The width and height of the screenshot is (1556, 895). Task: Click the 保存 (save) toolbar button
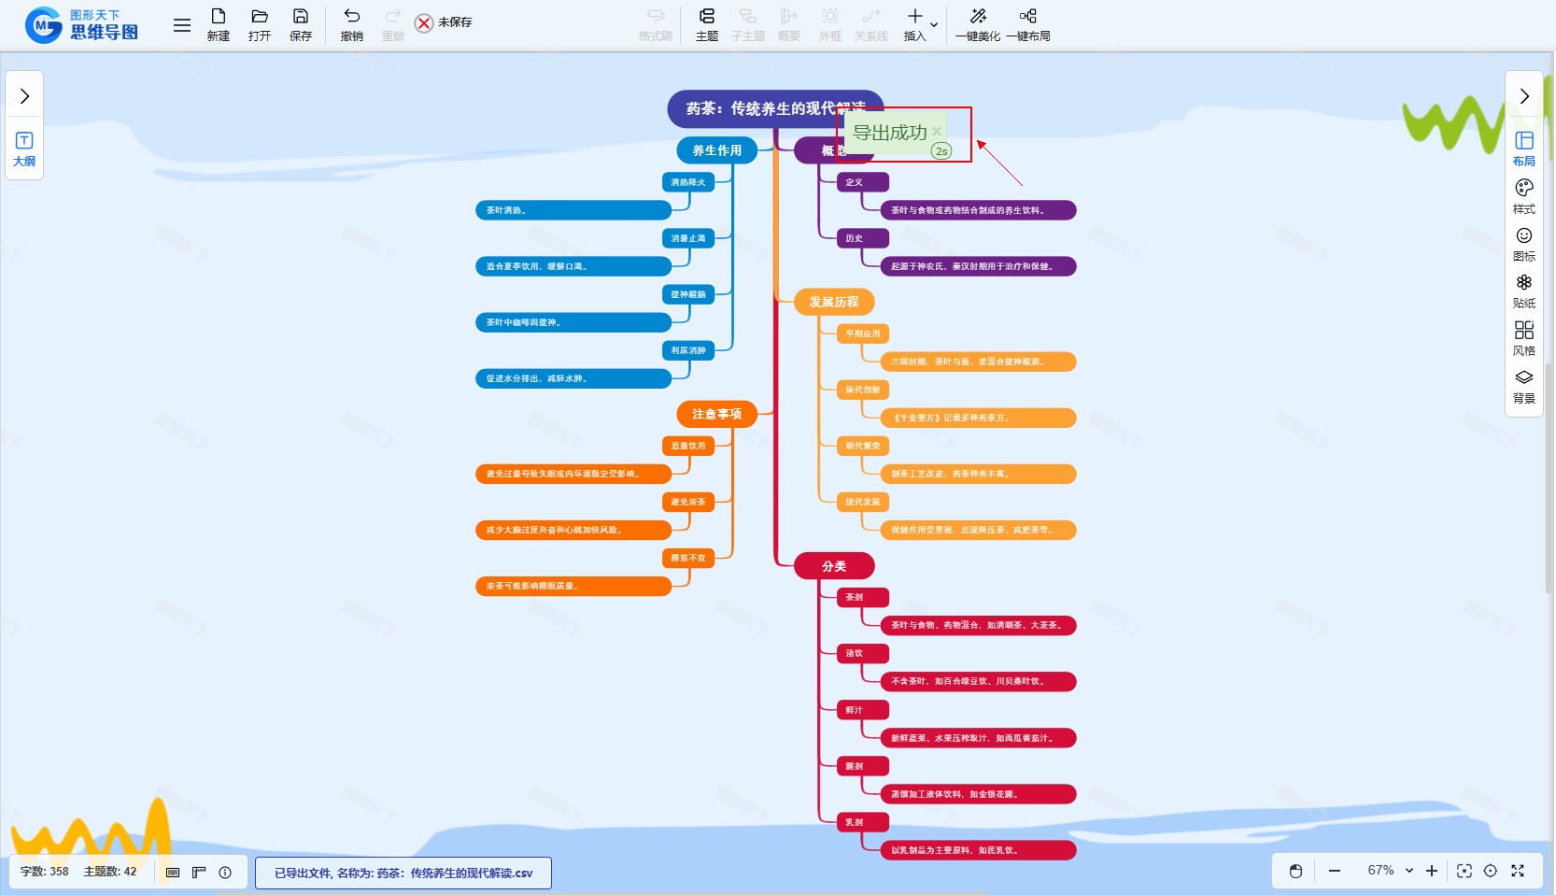point(300,24)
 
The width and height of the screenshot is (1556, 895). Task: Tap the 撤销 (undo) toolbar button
point(351,24)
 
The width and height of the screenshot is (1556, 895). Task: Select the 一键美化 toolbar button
point(977,24)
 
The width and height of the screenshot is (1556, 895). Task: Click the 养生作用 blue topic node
point(716,150)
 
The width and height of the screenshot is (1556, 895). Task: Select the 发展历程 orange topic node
point(834,302)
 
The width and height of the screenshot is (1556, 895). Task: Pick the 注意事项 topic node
point(716,414)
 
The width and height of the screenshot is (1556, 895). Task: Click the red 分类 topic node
point(834,566)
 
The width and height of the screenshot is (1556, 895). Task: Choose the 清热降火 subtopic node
point(688,182)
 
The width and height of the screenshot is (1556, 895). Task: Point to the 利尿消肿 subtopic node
point(688,350)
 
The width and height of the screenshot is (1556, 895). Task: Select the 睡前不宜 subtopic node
point(688,558)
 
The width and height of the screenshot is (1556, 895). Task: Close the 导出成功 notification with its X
point(937,132)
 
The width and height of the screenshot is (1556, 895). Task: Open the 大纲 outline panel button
point(24,149)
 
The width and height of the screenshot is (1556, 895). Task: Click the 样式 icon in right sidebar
point(1524,196)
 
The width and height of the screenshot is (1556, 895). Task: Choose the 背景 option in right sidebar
point(1524,386)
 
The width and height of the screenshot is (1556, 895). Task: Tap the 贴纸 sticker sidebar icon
point(1524,291)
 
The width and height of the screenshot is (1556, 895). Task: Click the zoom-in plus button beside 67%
point(1432,871)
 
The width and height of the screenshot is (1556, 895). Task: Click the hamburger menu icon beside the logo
point(182,25)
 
